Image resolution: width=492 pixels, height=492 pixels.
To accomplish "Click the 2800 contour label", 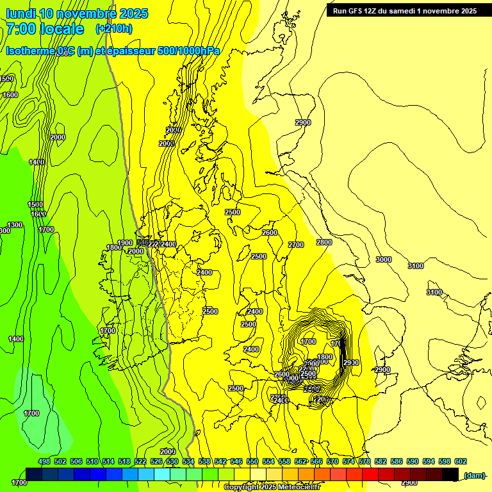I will (x=324, y=242).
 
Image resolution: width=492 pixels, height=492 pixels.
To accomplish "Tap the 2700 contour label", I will (x=296, y=245).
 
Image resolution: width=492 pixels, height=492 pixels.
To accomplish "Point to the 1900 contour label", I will (x=125, y=243).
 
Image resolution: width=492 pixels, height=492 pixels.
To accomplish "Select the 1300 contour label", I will (x=15, y=225).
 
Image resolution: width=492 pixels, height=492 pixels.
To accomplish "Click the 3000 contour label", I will (x=383, y=259).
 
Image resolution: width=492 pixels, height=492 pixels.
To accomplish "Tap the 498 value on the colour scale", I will (x=44, y=461).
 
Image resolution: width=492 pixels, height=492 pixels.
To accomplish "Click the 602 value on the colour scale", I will (x=461, y=461).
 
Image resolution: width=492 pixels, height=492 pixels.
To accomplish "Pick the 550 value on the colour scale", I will (x=252, y=461).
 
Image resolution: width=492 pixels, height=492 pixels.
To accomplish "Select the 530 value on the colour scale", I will (x=172, y=461).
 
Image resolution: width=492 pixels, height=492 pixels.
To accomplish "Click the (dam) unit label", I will (x=474, y=475).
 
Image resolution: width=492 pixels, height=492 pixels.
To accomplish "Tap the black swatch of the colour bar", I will (x=450, y=474).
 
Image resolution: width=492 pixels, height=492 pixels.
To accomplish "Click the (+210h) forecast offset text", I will (x=114, y=28).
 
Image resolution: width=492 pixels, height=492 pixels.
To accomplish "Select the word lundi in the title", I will (x=20, y=13).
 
